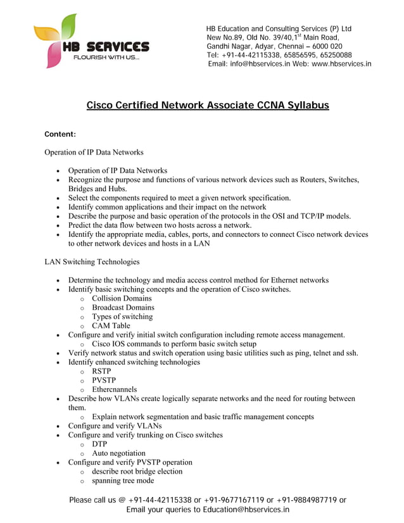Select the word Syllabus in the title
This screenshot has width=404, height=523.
(303, 105)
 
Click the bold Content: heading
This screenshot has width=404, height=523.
(60, 134)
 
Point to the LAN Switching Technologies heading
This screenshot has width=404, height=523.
(92, 261)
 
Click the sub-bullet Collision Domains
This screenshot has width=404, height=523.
(122, 298)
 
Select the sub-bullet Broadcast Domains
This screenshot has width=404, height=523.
(123, 308)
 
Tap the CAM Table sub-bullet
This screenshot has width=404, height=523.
(111, 326)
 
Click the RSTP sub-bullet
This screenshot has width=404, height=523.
(101, 372)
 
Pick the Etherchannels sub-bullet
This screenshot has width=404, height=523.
(114, 389)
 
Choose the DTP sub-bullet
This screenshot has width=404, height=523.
(100, 444)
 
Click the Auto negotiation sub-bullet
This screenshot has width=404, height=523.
(118, 453)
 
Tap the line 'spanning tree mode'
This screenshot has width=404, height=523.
(123, 481)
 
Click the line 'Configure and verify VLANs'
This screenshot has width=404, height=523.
(115, 426)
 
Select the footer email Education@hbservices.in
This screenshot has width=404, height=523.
(243, 509)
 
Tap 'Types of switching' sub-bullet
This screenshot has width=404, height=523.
(122, 317)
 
